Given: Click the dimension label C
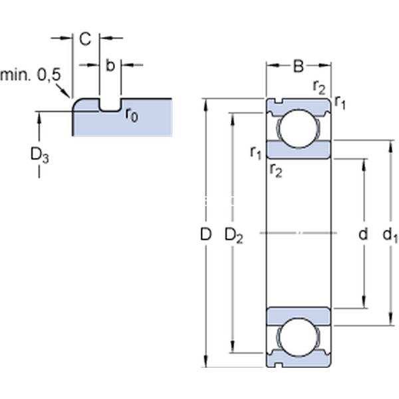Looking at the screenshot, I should pos(85,39).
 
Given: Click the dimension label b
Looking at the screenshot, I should pos(110,65).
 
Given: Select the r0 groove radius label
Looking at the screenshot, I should pos(132,115).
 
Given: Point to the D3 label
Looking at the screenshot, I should pos(39,155).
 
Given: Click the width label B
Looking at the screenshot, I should pos(299,66).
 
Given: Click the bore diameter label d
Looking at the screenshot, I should pos(362,234).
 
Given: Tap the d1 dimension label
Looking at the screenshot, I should pos(391,234).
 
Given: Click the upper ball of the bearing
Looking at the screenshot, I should pos(299,128).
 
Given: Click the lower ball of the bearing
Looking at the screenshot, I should pos(299,338).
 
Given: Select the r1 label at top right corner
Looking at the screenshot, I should pos(340,101).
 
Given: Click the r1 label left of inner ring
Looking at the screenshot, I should pos(255,153).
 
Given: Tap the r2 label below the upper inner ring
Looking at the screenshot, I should pos(276,171).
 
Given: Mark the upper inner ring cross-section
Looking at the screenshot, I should pos(299,150).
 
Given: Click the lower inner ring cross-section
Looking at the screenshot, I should pos(299,315).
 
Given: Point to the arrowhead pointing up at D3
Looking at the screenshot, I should pos(39,116).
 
